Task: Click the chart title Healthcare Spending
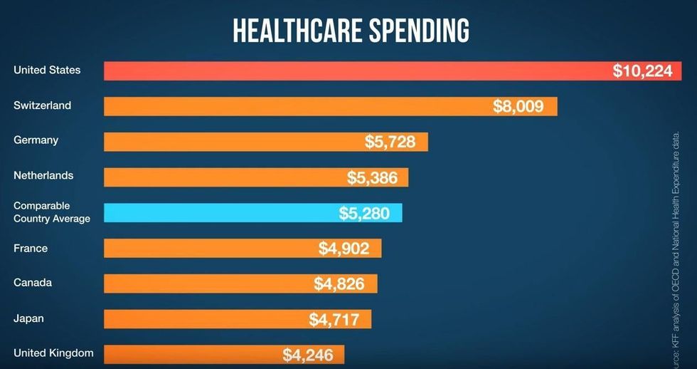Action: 351,31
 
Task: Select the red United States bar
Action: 356,71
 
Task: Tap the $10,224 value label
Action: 642,71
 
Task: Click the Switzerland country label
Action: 43,105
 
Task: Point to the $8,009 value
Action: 518,106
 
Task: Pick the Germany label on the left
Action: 36,140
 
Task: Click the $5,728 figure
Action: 390,141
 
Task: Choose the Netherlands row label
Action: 43,175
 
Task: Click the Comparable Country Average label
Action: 52,212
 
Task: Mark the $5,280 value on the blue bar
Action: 364,213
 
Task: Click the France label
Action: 31,249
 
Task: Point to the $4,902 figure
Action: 344,249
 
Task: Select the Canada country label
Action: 33,283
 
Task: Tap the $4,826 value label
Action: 339,284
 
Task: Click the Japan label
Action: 28,318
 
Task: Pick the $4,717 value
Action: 334,319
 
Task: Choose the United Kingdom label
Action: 53,353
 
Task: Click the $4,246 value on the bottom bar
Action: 307,354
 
